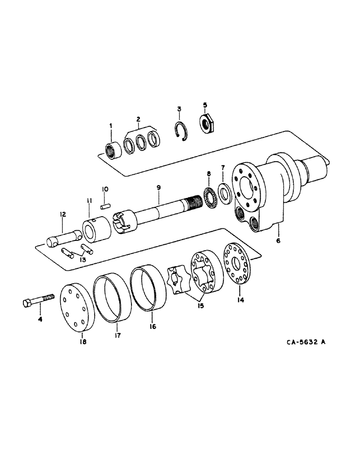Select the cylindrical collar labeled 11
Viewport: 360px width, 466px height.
coord(96,228)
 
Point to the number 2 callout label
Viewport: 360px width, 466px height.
coord(138,119)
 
